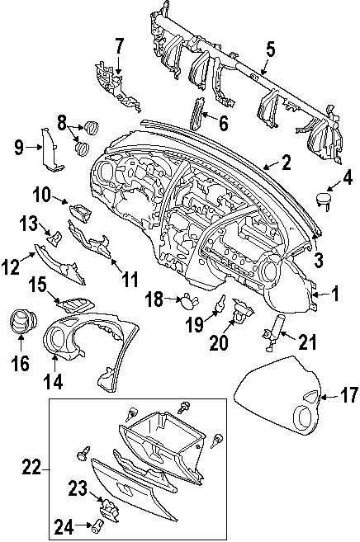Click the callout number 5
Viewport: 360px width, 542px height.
pos(271,49)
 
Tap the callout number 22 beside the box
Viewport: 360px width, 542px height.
pos(32,469)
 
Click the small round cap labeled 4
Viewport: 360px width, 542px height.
pos(324,200)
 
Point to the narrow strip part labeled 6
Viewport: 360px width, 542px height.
pos(197,114)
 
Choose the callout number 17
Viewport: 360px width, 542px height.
pos(348,395)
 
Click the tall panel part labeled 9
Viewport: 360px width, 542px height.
pos(50,149)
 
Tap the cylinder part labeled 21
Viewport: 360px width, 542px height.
pos(275,333)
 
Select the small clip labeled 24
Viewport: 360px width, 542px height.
pos(97,526)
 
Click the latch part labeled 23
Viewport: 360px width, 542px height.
pos(109,508)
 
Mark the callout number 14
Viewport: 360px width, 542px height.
pos(54,382)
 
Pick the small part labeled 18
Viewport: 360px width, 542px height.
pos(189,301)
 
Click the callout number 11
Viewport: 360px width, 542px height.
pos(130,280)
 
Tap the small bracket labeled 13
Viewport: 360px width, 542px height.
pos(55,237)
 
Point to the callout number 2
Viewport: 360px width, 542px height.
pos(286,163)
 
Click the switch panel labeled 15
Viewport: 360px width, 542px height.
pos(77,305)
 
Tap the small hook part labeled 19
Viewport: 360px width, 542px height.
pos(220,302)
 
